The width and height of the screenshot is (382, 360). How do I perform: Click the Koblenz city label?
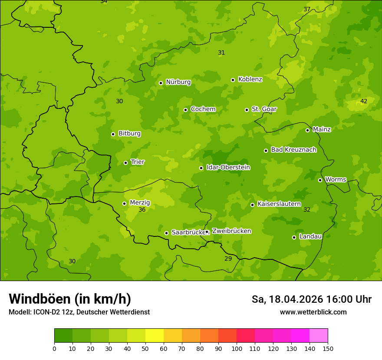tap(250, 79)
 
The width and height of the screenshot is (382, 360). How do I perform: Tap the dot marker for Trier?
tap(126, 163)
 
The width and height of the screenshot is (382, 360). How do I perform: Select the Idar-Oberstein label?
tap(228, 167)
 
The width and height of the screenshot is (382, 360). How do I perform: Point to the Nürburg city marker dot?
tap(161, 83)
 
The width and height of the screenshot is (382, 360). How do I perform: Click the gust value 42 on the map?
tap(364, 101)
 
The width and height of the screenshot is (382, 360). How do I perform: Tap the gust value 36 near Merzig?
tap(142, 209)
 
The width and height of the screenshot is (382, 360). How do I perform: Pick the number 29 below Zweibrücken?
tap(228, 259)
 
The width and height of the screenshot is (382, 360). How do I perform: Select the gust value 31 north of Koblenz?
tap(221, 52)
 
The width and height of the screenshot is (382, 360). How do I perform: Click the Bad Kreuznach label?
tap(293, 150)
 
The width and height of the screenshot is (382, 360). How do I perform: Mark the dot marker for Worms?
tap(320, 180)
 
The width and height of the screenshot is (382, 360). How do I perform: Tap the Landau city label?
tap(310, 236)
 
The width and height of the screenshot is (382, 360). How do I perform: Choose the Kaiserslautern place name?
tap(279, 204)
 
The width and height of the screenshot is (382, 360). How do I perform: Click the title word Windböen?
tap(40, 299)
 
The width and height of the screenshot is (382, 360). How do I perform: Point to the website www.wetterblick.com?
tap(313, 312)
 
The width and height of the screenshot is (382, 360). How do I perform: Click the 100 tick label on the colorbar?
tap(237, 348)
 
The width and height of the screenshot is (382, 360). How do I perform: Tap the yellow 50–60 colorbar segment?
tap(155, 336)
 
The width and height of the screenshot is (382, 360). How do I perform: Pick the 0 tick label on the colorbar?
tap(54, 348)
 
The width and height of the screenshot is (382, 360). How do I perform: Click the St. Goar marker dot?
tap(247, 110)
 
